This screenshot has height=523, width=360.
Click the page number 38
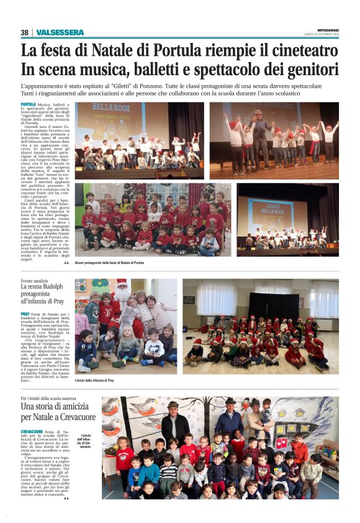click(x=24, y=32)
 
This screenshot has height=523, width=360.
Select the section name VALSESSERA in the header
click(x=60, y=32)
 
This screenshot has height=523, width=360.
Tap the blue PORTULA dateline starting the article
click(x=28, y=105)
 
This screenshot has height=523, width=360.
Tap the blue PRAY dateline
click(x=25, y=315)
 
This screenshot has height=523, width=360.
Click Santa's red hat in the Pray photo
click(x=122, y=284)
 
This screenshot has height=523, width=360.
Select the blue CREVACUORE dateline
click(x=32, y=431)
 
